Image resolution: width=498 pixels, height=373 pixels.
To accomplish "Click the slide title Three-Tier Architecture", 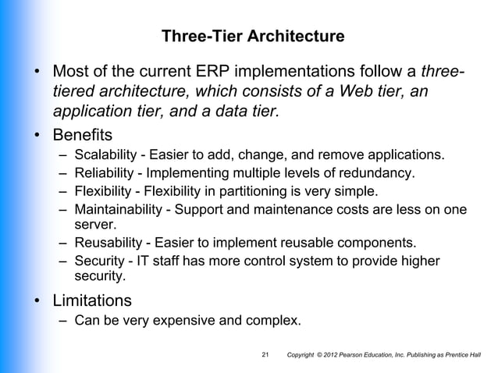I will pos(251,37).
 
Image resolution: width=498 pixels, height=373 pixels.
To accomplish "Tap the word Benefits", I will pos(83,134).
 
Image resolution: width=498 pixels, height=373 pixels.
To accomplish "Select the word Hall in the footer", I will pos(475,357).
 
